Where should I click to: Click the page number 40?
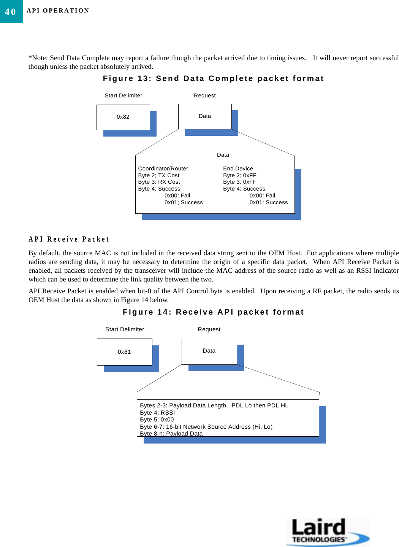[11, 12]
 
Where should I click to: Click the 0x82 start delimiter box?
[123, 117]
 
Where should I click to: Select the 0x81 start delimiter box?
[124, 352]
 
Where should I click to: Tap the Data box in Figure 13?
[205, 116]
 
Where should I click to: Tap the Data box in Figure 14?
[209, 351]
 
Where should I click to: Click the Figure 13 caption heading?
[213, 79]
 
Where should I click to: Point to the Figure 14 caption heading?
[213, 312]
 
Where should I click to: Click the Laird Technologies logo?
[327, 532]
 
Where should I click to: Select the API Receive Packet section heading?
[69, 239]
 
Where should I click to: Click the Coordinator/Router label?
[163, 169]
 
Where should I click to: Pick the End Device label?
[238, 169]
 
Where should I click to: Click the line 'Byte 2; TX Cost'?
[158, 175]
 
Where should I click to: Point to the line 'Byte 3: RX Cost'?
[159, 182]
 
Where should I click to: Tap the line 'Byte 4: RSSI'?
[157, 413]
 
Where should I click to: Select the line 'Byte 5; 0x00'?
[157, 420]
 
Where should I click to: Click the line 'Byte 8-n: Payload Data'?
[171, 434]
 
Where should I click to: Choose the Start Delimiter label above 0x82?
[123, 95]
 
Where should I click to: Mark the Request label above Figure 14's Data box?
[209, 329]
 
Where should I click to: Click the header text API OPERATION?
[58, 11]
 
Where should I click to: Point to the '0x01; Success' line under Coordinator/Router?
[184, 202]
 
